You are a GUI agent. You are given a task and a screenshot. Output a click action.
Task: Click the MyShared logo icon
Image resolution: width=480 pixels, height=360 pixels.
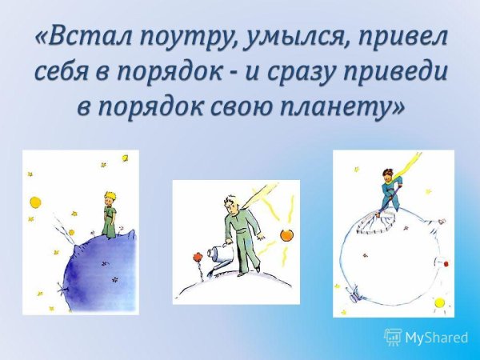coord(393,337)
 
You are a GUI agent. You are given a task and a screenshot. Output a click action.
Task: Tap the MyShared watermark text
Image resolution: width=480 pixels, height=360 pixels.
coord(437,338)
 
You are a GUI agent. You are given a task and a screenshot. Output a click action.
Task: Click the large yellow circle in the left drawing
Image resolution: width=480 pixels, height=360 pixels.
coord(35,201)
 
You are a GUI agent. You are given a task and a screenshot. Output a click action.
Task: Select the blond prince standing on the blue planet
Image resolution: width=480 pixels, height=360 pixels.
coord(108,212)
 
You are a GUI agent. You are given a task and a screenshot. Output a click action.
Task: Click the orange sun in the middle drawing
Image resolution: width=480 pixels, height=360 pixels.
coord(287,234)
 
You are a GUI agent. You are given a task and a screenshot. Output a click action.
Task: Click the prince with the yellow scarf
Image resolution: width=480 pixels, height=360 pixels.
coord(391,188)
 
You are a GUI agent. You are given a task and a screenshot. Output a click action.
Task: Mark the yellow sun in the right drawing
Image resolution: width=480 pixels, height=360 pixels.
coord(438,303)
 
